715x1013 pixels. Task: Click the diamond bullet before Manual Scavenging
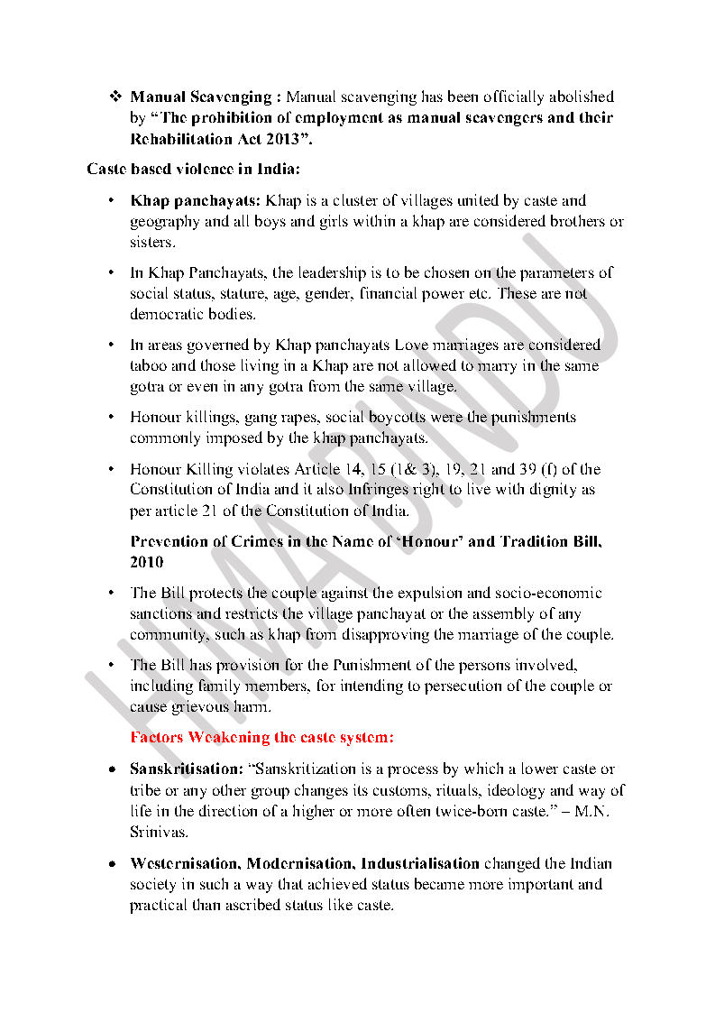pos(115,97)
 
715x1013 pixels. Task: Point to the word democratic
pos(165,314)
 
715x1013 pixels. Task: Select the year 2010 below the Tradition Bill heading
pos(147,562)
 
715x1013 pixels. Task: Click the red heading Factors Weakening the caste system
pos(261,737)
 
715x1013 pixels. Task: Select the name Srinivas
pos(158,832)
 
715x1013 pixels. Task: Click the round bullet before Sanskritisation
pos(110,769)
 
